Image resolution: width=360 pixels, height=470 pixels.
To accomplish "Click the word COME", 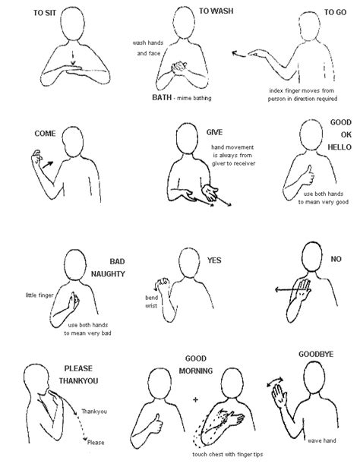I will pos(24,134).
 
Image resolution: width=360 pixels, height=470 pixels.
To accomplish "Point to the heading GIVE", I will pos(215,132).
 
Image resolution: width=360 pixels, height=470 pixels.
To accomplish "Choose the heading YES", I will pos(214,260).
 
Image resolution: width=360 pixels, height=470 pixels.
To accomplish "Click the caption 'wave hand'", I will pos(323,439).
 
